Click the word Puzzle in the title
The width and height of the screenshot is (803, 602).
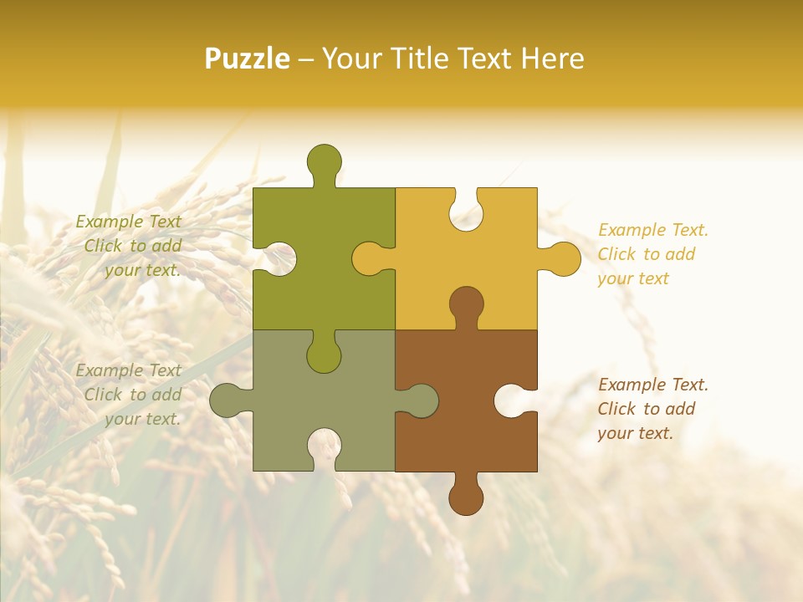[247, 59]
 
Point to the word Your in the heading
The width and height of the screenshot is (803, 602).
[350, 59]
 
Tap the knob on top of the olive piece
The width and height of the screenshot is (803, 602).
[324, 161]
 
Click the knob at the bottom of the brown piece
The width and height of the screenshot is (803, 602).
[466, 497]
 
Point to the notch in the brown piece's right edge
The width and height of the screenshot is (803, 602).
[514, 400]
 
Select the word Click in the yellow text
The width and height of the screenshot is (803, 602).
[616, 254]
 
